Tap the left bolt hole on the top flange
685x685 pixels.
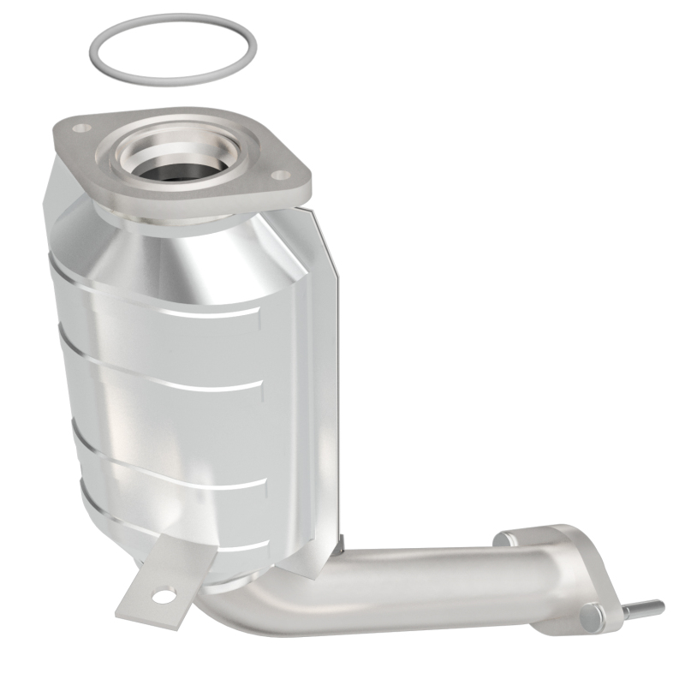(x=81, y=128)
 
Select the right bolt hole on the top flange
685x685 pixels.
(x=278, y=175)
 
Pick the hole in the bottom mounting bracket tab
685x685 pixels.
(x=160, y=591)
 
